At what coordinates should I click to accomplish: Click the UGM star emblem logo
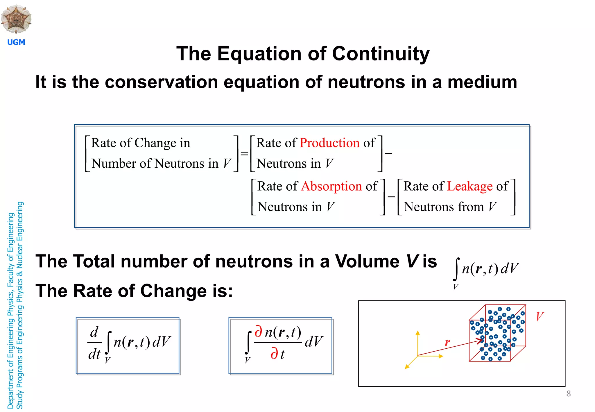16,19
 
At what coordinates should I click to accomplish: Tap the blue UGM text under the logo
16,42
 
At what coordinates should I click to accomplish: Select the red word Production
329,143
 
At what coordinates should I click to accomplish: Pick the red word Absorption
331,186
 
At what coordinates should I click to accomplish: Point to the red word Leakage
470,186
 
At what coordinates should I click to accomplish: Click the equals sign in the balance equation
244,153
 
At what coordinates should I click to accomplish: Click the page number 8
568,394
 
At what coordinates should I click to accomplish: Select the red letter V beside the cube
540,316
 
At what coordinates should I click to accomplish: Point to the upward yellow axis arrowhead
418,333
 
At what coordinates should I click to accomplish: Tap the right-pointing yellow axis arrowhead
441,356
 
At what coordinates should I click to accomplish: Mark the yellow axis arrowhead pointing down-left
407,367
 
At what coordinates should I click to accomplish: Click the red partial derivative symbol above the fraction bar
258,332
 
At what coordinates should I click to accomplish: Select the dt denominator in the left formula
94,354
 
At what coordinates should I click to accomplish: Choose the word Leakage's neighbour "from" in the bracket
471,207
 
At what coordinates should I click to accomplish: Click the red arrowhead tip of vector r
481,341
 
